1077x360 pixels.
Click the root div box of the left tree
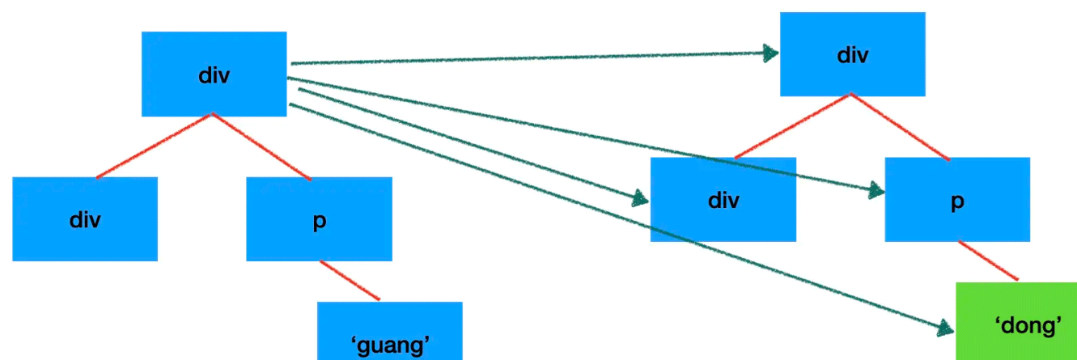click(x=214, y=74)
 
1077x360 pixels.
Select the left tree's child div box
click(x=85, y=218)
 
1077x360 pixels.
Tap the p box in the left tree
click(x=319, y=218)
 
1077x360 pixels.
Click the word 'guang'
click(x=389, y=345)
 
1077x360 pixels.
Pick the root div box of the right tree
click(x=852, y=54)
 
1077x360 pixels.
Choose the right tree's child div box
click(x=723, y=199)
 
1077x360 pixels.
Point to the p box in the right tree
click(x=957, y=199)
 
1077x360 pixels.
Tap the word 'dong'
click(x=1027, y=325)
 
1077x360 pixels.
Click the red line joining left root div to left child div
click(x=154, y=146)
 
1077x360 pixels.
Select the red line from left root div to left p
click(x=262, y=146)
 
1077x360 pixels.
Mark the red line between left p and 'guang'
click(x=350, y=281)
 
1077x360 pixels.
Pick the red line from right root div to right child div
click(x=791, y=125)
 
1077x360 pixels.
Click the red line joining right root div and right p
click(x=900, y=126)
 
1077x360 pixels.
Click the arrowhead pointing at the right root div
click(x=770, y=53)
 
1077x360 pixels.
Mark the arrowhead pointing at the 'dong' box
click(x=946, y=328)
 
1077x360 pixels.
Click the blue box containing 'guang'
click(x=389, y=331)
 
